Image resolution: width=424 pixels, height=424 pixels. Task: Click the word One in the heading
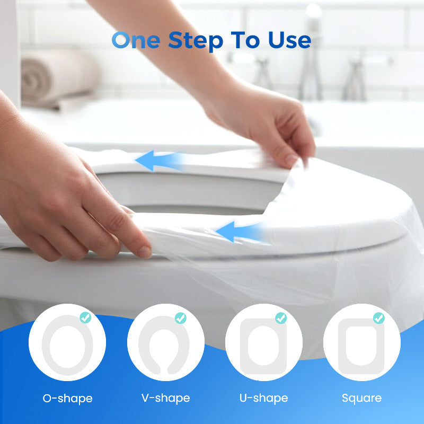136,40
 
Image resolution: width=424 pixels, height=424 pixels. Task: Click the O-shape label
67,398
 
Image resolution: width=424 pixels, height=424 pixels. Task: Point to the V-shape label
165,398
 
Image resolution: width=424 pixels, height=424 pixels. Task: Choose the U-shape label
263,398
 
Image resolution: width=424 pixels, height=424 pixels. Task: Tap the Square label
361,398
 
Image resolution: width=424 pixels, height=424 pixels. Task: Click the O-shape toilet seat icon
67,344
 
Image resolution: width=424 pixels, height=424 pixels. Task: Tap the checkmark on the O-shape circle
85,318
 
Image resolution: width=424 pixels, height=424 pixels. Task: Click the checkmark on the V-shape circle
181,318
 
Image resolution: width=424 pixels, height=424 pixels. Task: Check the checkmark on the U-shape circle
281,318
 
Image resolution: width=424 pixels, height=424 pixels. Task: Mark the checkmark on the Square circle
378,318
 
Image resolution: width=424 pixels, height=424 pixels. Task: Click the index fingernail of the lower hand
144,251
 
